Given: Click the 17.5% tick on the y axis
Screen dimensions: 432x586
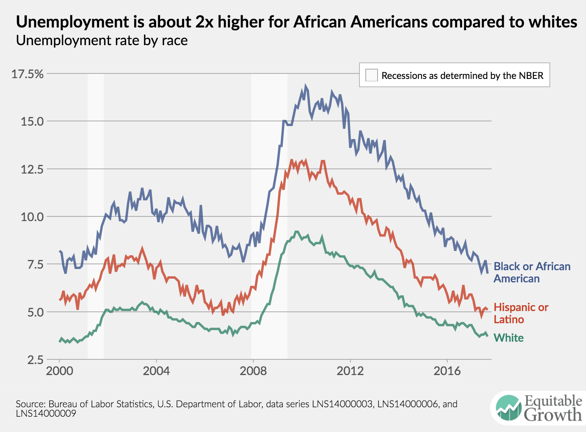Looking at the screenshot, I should point(27,74).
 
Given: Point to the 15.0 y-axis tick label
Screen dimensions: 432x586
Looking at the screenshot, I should point(32,121).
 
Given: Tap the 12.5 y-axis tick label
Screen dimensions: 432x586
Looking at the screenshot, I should point(32,169).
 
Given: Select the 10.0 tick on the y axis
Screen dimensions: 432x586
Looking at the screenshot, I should point(32,217).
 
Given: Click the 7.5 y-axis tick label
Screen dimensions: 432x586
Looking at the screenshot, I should point(34,264).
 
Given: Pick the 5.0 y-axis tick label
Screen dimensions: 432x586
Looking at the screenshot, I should point(34,312).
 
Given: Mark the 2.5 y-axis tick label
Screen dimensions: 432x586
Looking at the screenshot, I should point(34,360).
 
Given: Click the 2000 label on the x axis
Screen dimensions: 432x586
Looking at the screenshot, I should point(60,371).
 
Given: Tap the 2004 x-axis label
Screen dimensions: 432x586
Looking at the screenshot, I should point(157,371).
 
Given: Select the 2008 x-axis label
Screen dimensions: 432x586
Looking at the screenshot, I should point(253,371).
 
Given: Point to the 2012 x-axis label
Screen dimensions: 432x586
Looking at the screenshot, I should point(350,371).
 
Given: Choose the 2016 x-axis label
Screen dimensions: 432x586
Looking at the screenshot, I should point(447,371).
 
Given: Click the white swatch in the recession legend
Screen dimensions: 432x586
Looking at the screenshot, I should point(371,75).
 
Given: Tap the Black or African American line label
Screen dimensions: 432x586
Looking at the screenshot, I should point(532,272).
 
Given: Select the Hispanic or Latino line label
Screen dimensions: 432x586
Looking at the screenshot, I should point(521,313).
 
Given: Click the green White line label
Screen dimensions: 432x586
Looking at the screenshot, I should point(509,338).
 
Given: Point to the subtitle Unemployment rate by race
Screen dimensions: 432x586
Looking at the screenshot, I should point(102,40).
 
